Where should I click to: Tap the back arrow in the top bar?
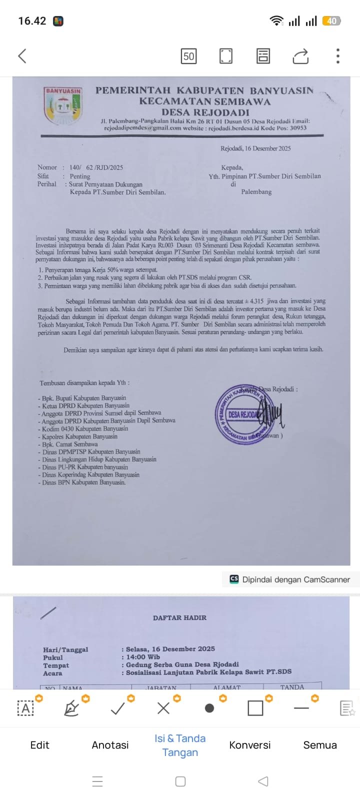[22, 55]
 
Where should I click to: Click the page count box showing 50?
[188, 56]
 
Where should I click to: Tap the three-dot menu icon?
[338, 56]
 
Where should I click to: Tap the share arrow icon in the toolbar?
[300, 56]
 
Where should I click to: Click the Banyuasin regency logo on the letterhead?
[63, 105]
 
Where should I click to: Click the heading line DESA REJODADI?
[205, 112]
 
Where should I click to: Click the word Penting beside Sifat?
[80, 176]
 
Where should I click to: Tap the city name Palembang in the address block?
[256, 191]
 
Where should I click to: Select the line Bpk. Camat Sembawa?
[69, 444]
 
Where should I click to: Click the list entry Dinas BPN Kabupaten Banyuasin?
[83, 482]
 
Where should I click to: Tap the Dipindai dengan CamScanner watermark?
[290, 579]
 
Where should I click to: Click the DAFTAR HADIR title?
[179, 617]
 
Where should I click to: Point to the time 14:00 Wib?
[143, 657]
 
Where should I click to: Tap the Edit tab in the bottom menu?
[40, 745]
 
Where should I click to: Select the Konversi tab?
[250, 745]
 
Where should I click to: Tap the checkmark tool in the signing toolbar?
[117, 708]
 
